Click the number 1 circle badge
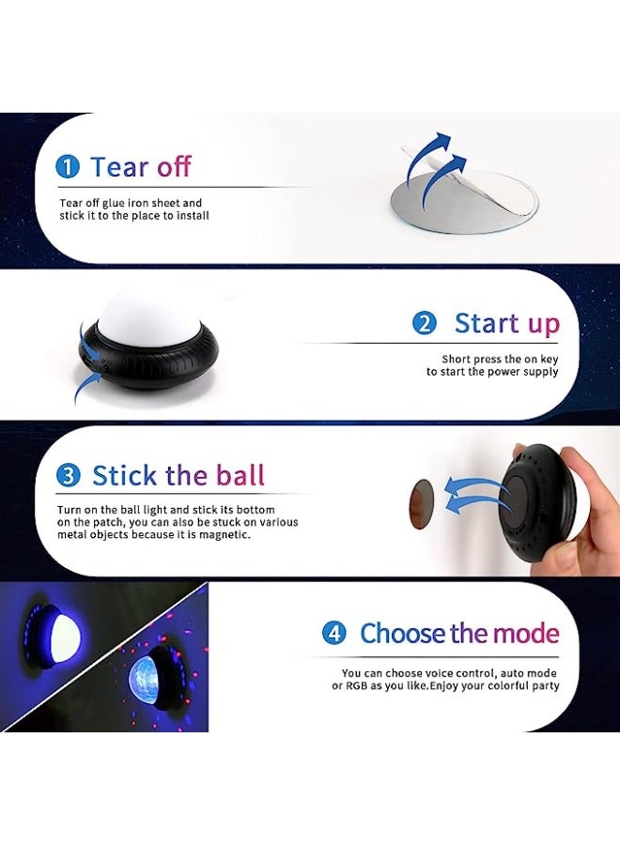68,167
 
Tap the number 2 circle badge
425,323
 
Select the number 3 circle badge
69,475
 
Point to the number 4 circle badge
334,633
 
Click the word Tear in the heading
120,166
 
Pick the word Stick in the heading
125,475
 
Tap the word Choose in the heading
403,633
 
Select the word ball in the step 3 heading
240,475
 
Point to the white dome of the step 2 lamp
148,316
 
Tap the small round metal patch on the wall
422,504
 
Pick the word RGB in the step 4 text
356,686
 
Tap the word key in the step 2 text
549,360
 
